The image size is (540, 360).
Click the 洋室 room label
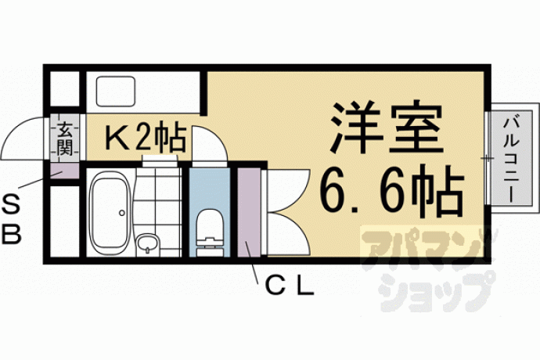tap(387, 127)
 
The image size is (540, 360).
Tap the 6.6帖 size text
tap(392, 192)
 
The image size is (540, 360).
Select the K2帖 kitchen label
tap(146, 139)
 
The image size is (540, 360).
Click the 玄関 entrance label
tap(65, 139)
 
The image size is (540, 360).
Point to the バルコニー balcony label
tap(510, 160)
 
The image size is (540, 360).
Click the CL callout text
tap(290, 286)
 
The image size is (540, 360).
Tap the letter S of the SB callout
tap(11, 205)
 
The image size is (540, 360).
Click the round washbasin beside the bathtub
tap(147, 244)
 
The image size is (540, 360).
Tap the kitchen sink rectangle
tap(116, 92)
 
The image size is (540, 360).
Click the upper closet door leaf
tap(288, 191)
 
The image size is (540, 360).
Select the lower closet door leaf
tap(288, 234)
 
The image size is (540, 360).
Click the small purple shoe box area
tap(64, 171)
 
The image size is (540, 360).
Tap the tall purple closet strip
tap(249, 211)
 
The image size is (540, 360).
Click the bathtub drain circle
tap(122, 213)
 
